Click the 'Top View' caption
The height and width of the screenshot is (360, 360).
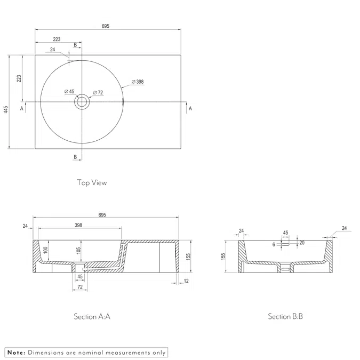click(x=92, y=182)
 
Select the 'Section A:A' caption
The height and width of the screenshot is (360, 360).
click(x=92, y=316)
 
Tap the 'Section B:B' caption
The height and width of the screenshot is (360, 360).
click(x=285, y=316)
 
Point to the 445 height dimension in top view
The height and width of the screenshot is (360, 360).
click(x=6, y=109)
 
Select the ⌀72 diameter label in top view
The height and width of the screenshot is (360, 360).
click(x=98, y=93)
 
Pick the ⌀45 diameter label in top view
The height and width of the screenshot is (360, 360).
click(x=69, y=91)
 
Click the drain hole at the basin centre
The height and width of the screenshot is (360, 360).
click(x=82, y=101)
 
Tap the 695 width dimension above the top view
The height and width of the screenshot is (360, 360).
click(x=105, y=26)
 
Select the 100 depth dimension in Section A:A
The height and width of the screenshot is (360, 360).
click(x=46, y=250)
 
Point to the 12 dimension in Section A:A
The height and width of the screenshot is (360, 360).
click(x=185, y=281)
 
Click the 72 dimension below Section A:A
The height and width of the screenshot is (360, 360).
click(x=80, y=288)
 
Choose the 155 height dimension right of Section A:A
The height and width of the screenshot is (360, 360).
click(x=188, y=256)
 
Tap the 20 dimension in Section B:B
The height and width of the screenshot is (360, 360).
click(x=302, y=243)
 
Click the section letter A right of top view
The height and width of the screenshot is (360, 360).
click(x=190, y=108)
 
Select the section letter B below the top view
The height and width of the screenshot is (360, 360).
click(x=75, y=157)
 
